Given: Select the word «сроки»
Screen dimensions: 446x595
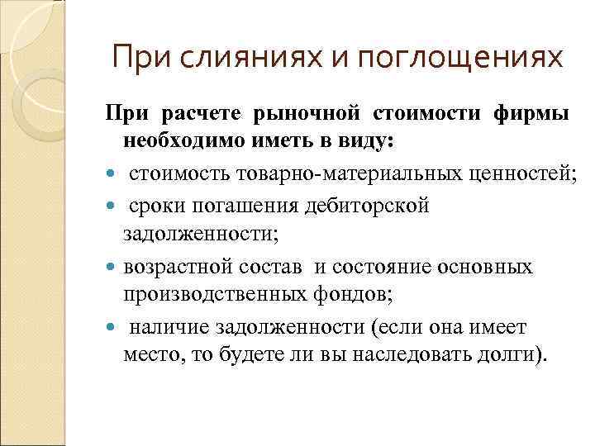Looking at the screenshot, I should pos(155,204).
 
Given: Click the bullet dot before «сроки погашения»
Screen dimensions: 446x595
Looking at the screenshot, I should pos(112,205).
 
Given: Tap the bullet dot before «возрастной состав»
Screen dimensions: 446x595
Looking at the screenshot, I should pos(112,268).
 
